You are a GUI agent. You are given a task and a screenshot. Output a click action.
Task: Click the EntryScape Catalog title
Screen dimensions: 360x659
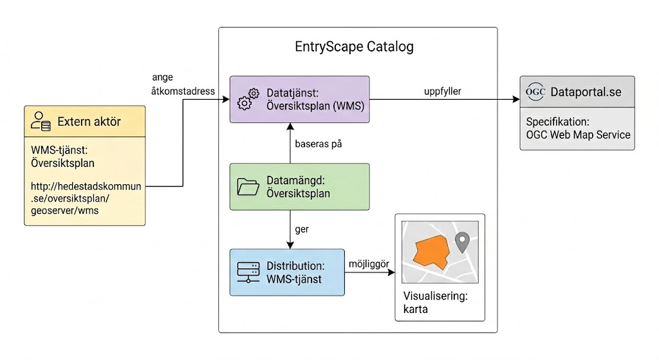(354, 47)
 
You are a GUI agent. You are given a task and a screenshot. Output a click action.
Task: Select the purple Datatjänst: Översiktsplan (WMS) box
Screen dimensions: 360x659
(300, 100)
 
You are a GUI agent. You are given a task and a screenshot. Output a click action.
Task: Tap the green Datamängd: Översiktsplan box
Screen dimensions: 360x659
(300, 186)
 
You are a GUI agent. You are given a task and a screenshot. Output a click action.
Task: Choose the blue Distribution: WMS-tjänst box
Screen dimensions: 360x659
(288, 272)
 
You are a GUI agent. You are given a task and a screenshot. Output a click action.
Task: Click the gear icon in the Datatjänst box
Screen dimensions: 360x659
(247, 100)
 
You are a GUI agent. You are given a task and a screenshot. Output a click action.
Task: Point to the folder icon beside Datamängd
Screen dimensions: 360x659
(247, 186)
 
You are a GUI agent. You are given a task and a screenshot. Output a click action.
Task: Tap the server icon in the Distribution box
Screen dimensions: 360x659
(247, 272)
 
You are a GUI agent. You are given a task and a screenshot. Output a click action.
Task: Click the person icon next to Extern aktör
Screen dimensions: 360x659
(41, 121)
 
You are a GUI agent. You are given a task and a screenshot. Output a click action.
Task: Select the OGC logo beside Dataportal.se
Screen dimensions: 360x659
(535, 92)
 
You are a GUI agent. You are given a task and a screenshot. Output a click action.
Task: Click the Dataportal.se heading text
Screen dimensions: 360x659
(586, 92)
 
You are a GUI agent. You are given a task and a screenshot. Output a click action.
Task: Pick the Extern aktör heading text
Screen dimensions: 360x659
(89, 121)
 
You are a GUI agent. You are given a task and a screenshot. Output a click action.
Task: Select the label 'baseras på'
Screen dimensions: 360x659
(318, 144)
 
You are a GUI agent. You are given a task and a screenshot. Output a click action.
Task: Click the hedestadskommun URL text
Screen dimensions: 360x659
(86, 198)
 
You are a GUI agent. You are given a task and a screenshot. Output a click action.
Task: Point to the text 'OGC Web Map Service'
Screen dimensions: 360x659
(578, 135)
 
